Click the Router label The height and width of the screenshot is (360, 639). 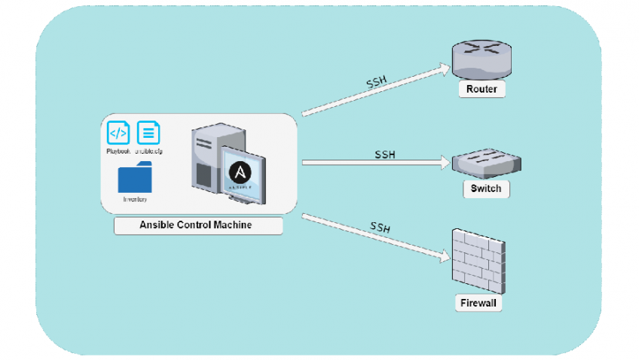pyautogui.click(x=482, y=90)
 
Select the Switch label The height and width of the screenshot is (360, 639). pyautogui.click(x=485, y=188)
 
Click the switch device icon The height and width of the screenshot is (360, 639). pyautogui.click(x=485, y=162)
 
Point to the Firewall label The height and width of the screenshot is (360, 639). pyautogui.click(x=479, y=304)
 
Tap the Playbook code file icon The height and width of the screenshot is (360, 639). pyautogui.click(x=118, y=133)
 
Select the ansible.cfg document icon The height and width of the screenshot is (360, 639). pyautogui.click(x=148, y=133)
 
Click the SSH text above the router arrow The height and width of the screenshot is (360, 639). pyautogui.click(x=377, y=81)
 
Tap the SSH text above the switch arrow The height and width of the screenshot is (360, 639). pyautogui.click(x=385, y=154)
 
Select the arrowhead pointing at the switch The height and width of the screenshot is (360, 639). pyautogui.click(x=445, y=162)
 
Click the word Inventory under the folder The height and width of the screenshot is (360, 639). pyautogui.click(x=135, y=200)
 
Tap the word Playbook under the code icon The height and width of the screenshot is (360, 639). pyautogui.click(x=118, y=151)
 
